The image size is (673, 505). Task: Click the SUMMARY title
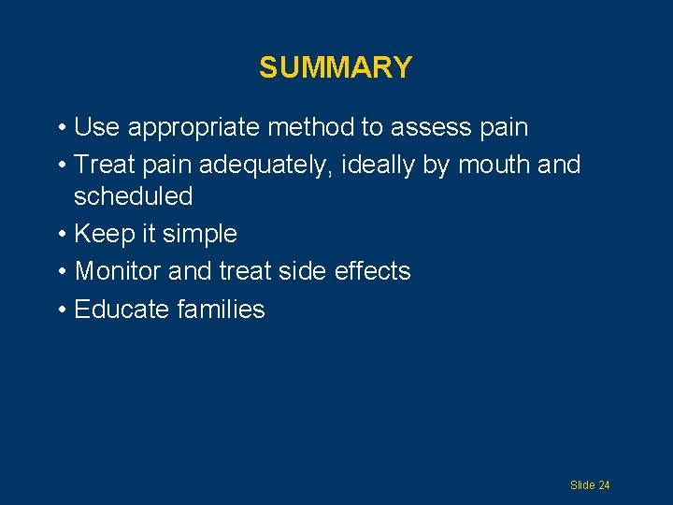tap(336, 67)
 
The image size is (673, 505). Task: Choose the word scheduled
tap(133, 196)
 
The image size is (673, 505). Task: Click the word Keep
tap(101, 234)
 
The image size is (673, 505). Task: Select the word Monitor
tap(117, 271)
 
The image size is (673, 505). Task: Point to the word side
tap(307, 271)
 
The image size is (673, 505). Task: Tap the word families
tap(221, 310)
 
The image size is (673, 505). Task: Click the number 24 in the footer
tap(604, 485)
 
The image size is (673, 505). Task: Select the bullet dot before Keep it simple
tap(60, 235)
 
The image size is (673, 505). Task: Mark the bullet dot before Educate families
tap(60, 310)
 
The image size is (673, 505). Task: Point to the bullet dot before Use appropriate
tap(60, 128)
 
